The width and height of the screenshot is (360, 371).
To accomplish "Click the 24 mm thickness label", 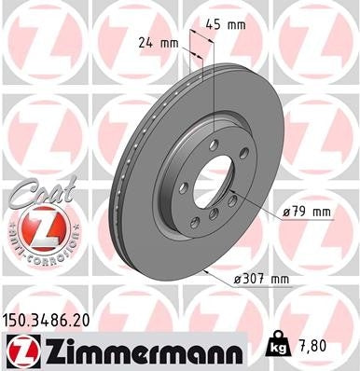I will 157,42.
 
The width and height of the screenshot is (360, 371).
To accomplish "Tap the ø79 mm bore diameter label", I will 307,212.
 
